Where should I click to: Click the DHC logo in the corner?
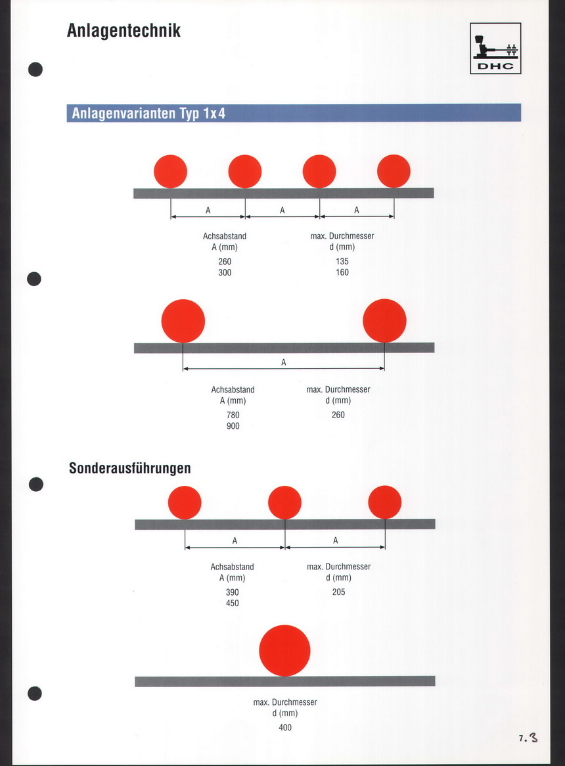[x=495, y=49]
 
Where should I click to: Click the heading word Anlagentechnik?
[x=124, y=30]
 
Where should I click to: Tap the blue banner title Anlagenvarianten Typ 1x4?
[x=148, y=113]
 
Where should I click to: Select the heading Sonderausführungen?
[x=130, y=468]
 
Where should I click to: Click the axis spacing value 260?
[x=225, y=262]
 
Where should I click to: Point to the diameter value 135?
[x=342, y=261]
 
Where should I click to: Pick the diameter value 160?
[x=342, y=273]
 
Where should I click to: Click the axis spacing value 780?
[x=233, y=416]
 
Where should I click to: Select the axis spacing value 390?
[x=232, y=592]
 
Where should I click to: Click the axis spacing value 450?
[x=232, y=604]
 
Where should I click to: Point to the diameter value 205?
[x=338, y=592]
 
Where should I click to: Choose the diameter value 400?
[x=285, y=728]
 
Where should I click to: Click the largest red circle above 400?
[x=284, y=651]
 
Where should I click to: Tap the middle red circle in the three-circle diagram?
[x=284, y=502]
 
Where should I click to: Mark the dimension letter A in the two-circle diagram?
[x=284, y=362]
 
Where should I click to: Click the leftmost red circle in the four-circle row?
[x=170, y=172]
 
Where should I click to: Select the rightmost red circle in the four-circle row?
[x=394, y=171]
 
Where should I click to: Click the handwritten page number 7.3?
[x=528, y=738]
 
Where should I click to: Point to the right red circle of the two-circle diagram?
[x=384, y=321]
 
